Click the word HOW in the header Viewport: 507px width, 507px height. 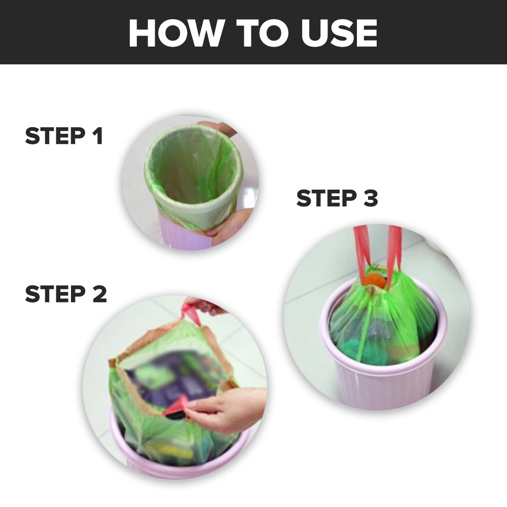(x=173, y=32)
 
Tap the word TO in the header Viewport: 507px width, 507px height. (x=262, y=32)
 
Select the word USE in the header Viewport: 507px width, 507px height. (x=339, y=32)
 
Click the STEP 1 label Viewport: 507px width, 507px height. (x=64, y=136)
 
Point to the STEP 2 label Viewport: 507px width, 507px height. (x=65, y=294)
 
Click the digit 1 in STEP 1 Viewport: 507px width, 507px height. (x=98, y=136)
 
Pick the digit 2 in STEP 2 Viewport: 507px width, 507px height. (x=99, y=294)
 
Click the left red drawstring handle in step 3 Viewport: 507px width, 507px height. (x=362, y=249)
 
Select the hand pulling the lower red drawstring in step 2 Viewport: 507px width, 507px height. (x=226, y=409)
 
